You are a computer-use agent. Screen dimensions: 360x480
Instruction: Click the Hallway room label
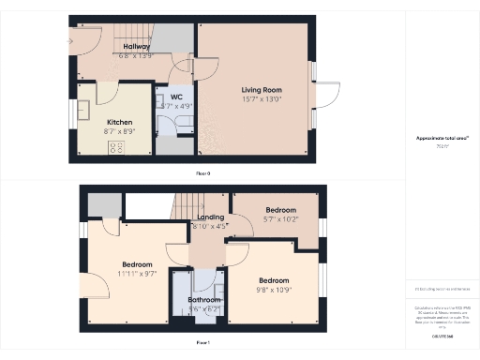tap(137, 46)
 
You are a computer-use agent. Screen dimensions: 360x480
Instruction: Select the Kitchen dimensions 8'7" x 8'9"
tap(119, 130)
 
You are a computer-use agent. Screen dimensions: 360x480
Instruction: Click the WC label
tap(175, 97)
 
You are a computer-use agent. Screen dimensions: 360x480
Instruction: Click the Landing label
tap(210, 217)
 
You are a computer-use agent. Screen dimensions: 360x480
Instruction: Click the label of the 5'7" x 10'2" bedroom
tap(280, 209)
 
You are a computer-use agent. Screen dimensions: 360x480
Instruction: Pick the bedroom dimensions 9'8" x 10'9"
tap(274, 288)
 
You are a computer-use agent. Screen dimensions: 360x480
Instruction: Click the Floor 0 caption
tap(202, 173)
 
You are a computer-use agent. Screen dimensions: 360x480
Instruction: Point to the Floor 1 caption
tap(202, 343)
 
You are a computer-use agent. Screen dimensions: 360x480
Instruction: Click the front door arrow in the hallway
tap(75, 40)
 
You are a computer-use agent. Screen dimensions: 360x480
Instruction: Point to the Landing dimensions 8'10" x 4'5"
tap(210, 226)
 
